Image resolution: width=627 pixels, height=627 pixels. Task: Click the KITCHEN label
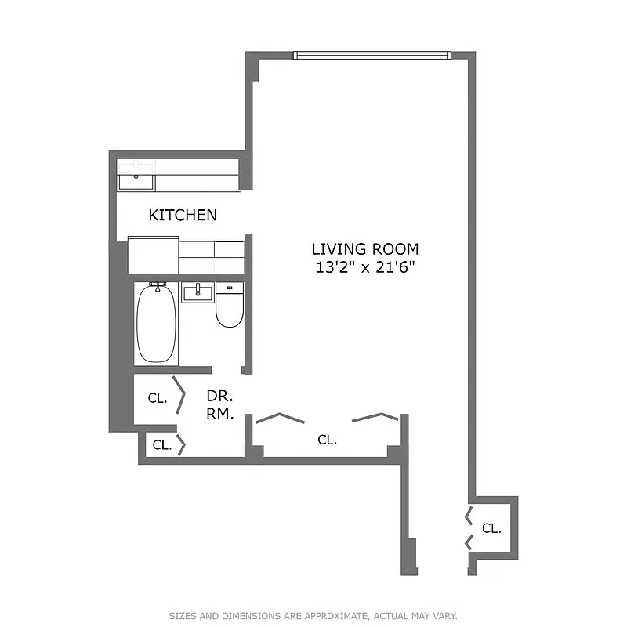click(x=183, y=215)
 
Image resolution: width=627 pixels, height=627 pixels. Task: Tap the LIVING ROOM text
click(x=365, y=249)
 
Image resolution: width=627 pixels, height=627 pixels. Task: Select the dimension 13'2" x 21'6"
click(x=365, y=267)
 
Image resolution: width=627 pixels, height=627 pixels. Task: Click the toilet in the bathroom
click(x=230, y=308)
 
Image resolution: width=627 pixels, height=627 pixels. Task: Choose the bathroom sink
click(x=198, y=293)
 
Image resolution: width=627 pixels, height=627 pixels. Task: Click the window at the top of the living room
click(x=371, y=55)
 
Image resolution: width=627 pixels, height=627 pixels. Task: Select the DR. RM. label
click(x=220, y=405)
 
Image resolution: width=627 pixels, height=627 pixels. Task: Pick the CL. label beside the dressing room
click(x=158, y=398)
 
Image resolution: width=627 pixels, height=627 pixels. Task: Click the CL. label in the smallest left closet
click(x=162, y=445)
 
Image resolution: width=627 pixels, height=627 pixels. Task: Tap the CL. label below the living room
click(x=328, y=440)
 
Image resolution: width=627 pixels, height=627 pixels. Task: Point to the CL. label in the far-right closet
click(x=491, y=528)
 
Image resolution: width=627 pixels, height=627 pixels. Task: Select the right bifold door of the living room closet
click(x=375, y=417)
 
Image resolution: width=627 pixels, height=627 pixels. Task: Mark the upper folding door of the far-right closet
click(x=468, y=515)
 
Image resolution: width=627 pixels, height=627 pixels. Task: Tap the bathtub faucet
click(x=158, y=286)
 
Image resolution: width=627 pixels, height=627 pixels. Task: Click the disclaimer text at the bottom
click(x=313, y=616)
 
